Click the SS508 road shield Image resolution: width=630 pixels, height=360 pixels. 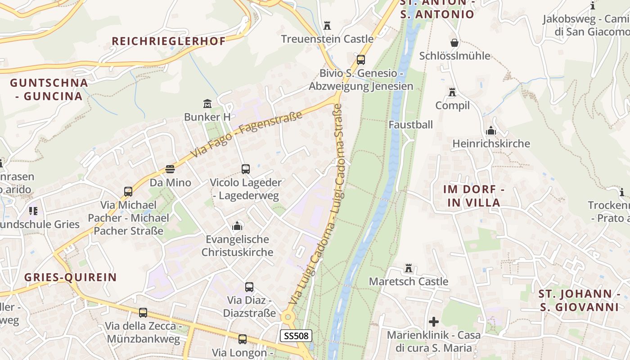pos(296,336)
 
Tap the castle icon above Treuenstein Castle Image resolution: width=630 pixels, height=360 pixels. pos(327,25)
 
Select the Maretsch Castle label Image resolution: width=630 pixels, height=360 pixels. pos(409,281)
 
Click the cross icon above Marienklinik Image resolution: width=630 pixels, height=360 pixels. pos(434,322)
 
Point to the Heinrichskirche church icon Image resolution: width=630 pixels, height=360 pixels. pos(491,130)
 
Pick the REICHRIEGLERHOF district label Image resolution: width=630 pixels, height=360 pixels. pos(169,41)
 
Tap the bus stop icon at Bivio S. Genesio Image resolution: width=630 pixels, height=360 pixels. pos(360,59)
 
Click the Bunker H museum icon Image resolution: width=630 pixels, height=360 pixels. pos(207,104)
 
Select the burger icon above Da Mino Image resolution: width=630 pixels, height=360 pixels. pos(170,169)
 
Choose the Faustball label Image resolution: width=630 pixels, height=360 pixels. pos(411,125)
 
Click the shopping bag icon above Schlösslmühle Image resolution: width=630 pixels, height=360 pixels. pos(454,43)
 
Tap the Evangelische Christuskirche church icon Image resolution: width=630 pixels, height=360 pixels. pos(237,225)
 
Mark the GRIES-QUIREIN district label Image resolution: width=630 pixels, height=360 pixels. pos(71,277)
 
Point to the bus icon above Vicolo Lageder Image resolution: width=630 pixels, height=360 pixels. pos(246,169)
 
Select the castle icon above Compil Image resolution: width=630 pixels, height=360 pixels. pos(452,92)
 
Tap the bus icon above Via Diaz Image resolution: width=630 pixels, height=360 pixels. pos(249,287)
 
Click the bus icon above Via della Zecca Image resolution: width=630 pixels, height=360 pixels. pos(143,312)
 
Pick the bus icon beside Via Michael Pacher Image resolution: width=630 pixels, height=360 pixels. pos(128,192)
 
